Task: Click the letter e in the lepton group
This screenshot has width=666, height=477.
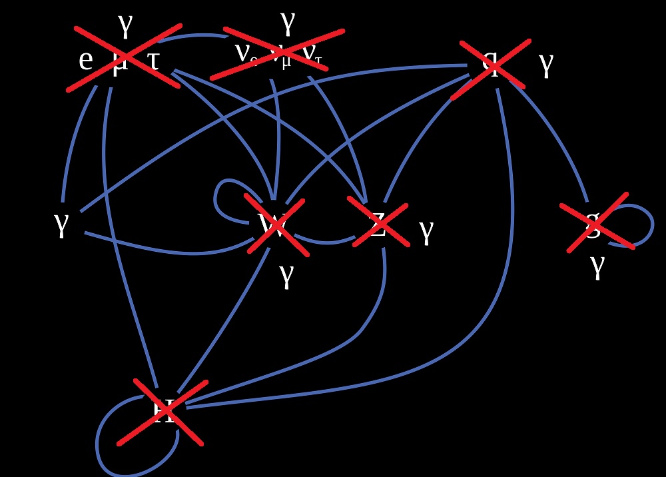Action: pyautogui.click(x=85, y=60)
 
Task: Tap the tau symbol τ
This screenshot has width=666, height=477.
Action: pyautogui.click(x=153, y=60)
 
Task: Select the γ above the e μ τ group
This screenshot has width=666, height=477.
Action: pyautogui.click(x=125, y=25)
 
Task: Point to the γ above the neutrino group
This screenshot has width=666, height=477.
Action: pyautogui.click(x=288, y=22)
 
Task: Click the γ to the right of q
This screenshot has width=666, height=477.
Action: pyautogui.click(x=546, y=65)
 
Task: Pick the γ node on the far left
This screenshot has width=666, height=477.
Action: pyautogui.click(x=61, y=224)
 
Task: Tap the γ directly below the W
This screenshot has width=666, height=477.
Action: pyautogui.click(x=286, y=274)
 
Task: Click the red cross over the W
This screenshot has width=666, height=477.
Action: pyautogui.click(x=276, y=225)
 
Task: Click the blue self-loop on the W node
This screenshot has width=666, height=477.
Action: pyautogui.click(x=223, y=193)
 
